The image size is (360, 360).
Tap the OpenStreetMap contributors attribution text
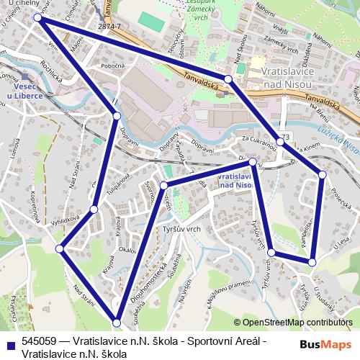click(x=296, y=323)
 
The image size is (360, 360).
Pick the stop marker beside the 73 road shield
click(x=279, y=142)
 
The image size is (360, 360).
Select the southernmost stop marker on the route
click(x=117, y=322)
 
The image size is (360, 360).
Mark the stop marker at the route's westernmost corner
click(x=60, y=248)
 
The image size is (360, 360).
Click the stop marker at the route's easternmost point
click(x=322, y=174)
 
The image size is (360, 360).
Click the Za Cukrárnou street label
click(x=256, y=140)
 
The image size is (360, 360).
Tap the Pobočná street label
click(x=114, y=65)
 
